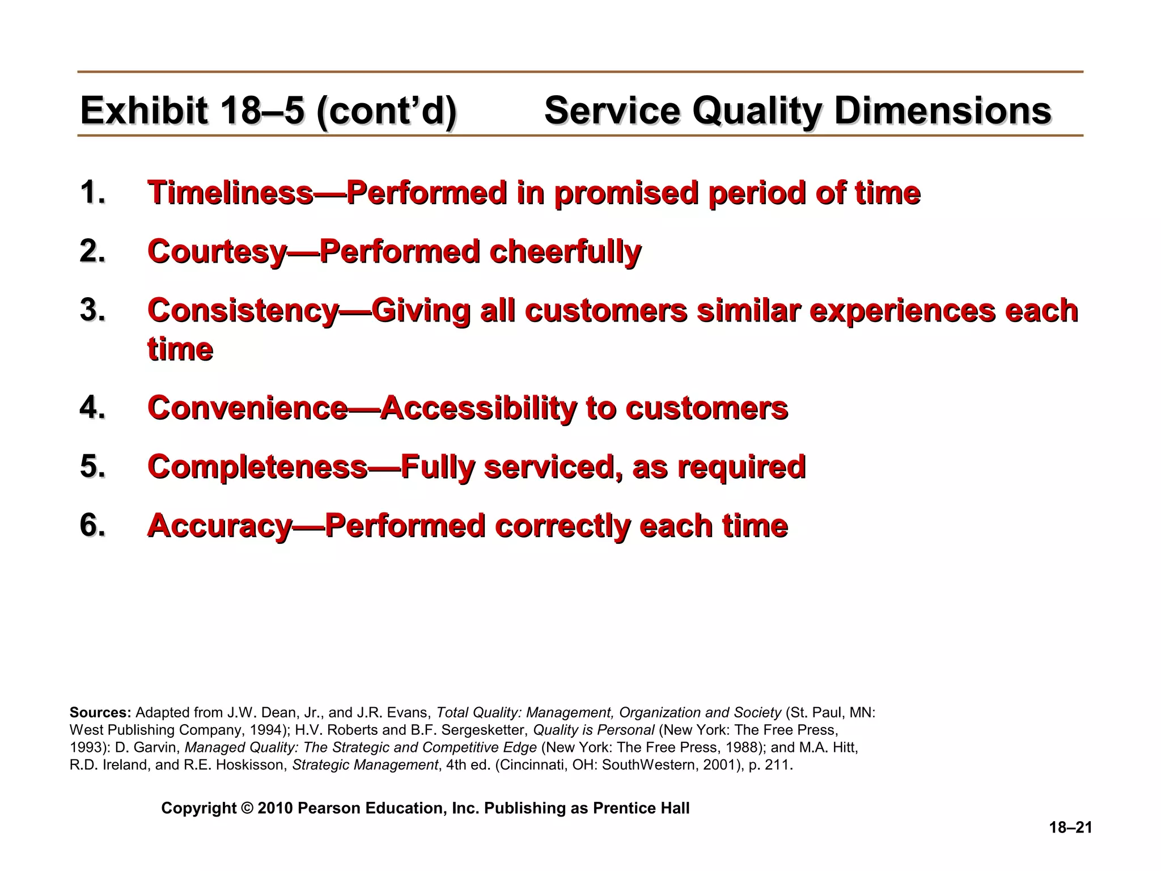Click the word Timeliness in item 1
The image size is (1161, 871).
click(230, 193)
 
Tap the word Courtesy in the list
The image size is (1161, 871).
click(217, 251)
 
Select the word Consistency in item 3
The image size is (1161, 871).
click(243, 311)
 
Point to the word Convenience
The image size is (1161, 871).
click(247, 408)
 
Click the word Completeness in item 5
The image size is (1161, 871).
click(257, 467)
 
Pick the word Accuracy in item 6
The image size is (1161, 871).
click(219, 526)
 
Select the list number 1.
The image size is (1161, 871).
click(92, 192)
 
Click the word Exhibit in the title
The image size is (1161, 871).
click(144, 111)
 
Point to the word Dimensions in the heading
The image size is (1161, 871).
click(942, 111)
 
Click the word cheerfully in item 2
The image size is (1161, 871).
click(565, 251)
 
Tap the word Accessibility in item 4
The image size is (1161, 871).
click(478, 408)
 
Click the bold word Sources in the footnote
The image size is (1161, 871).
click(100, 713)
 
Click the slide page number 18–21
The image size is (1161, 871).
click(1070, 828)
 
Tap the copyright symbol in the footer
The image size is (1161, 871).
click(247, 808)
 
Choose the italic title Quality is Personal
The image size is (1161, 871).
click(594, 730)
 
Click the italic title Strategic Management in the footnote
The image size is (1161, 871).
click(365, 765)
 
